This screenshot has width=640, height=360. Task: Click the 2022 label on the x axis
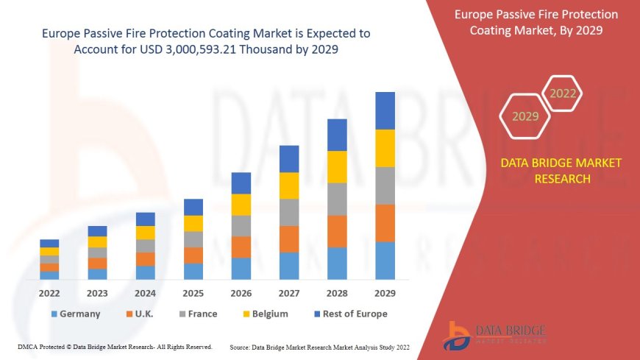pos(49,292)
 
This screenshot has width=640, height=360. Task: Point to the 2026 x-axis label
pos(241,292)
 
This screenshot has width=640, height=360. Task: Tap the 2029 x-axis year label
pos(385,292)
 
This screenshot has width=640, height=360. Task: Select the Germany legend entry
pos(76,314)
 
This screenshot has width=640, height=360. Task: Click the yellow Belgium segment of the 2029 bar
pos(385,148)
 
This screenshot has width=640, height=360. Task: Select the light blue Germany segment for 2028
pos(337,264)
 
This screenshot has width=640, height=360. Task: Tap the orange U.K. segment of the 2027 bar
pos(289,239)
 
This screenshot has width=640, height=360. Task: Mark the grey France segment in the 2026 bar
pos(241,226)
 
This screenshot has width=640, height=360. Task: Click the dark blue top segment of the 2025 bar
pos(193,207)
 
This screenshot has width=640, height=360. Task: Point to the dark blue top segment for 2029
pos(385,110)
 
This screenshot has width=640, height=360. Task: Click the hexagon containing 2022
pos(563,94)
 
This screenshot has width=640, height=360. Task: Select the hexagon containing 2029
pos(525,116)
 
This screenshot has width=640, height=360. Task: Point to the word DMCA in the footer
pos(28,346)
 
